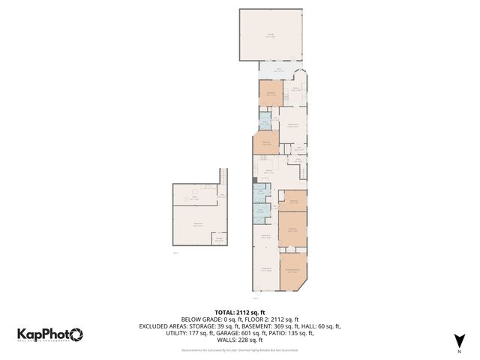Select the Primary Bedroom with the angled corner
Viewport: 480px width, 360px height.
(292, 271)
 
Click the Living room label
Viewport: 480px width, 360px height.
(265, 270)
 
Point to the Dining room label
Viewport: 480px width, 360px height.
(265, 236)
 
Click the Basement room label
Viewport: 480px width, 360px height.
(198, 225)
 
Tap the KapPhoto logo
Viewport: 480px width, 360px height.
(50, 335)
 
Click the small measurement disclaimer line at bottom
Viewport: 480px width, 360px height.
(240, 349)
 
